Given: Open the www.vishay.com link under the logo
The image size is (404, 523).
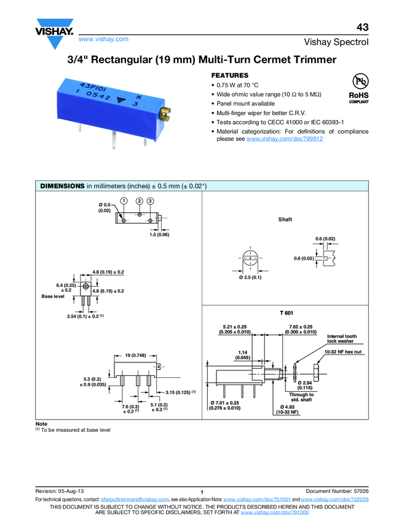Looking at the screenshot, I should pos(103,39).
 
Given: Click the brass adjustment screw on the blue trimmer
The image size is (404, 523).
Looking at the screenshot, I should pos(165,113).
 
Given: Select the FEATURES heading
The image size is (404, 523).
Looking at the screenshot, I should pos(230,74).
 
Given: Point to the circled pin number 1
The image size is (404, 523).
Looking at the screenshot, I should pos(124,201).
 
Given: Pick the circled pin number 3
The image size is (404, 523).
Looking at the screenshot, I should pos(151,201).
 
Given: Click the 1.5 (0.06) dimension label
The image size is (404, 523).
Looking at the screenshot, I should pos(159,234).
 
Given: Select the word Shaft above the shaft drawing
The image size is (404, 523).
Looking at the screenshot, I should pos(285,220).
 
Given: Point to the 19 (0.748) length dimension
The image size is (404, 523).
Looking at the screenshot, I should pos(135,356).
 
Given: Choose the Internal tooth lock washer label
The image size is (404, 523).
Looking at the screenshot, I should pos(341,338).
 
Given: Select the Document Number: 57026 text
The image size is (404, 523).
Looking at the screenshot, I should pos(336,490).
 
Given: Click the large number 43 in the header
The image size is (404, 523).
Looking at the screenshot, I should pos(362,27).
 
